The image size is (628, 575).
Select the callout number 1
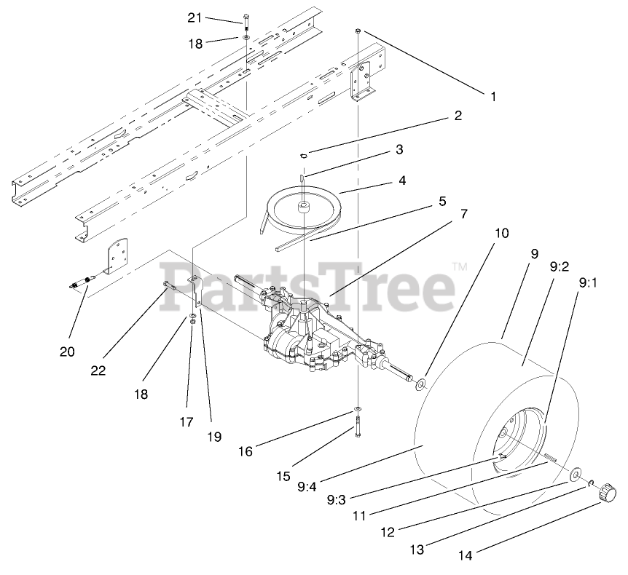492,95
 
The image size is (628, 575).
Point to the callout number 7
463,214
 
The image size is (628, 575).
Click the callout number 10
501,234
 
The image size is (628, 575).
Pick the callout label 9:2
560,267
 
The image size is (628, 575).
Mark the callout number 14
466,556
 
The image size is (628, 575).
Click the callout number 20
67,352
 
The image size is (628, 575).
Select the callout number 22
98,370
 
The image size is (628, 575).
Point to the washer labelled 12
575,475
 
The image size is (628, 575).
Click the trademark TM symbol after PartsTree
459,267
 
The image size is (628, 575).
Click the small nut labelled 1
358,31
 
